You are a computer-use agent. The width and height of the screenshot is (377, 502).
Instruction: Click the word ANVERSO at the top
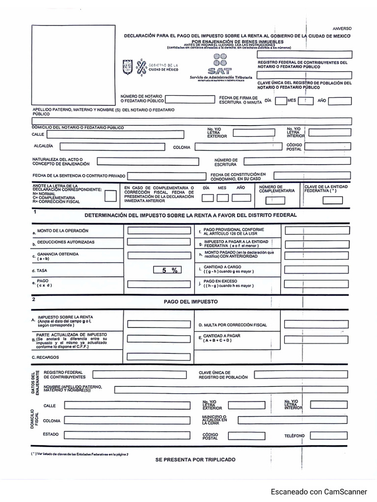[342, 29]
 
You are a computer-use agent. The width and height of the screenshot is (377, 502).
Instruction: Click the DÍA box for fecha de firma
[281, 101]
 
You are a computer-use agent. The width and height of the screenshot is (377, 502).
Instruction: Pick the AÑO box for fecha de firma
[340, 101]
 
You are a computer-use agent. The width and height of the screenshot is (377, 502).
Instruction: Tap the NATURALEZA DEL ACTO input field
[151, 161]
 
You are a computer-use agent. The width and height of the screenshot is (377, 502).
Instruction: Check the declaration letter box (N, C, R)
[111, 196]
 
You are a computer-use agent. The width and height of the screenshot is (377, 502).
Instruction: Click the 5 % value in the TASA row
[167, 270]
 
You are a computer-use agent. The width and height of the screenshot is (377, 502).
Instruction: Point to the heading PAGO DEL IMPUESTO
[190, 301]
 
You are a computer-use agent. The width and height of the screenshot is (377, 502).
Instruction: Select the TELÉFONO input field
[329, 435]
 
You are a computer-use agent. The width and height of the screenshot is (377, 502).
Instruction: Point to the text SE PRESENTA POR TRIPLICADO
[195, 459]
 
